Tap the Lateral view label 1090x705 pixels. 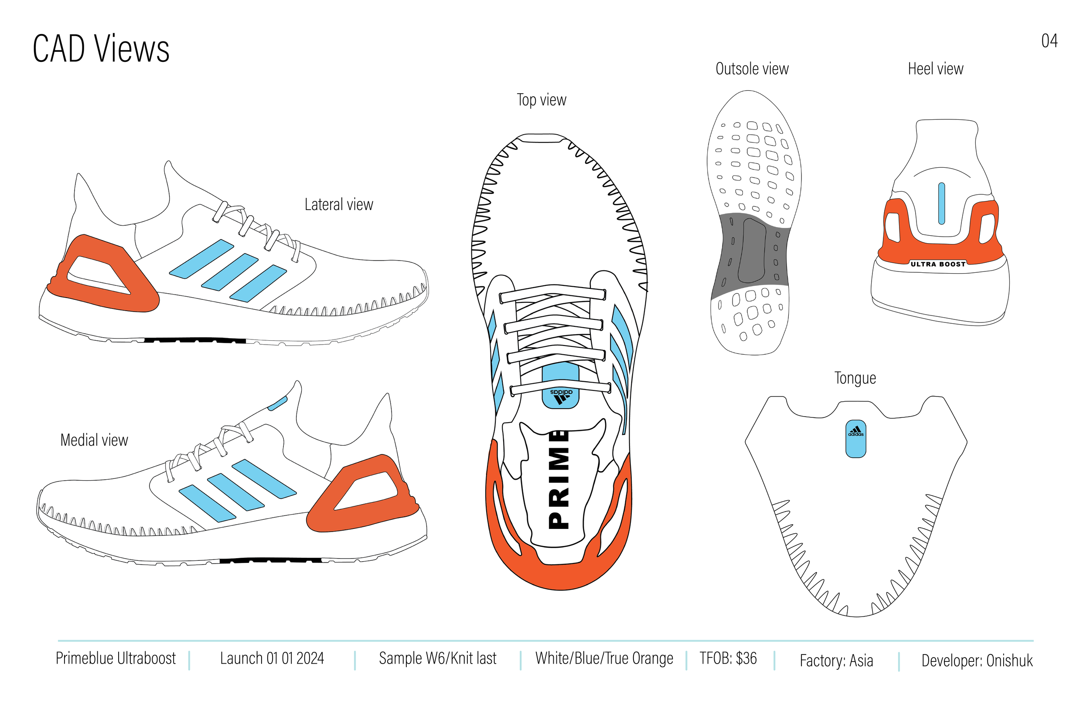click(x=338, y=205)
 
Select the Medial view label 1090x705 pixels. click(x=94, y=440)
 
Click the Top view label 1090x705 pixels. click(x=542, y=100)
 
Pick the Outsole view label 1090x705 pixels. click(x=752, y=69)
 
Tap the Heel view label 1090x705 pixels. click(x=935, y=69)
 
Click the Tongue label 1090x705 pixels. click(x=855, y=378)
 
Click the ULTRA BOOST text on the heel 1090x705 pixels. click(x=937, y=264)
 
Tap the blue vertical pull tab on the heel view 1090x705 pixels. click(x=941, y=204)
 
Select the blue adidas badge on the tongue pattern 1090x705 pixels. click(x=855, y=439)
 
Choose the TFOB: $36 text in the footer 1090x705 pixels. click(x=728, y=658)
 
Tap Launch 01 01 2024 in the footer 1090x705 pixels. click(x=272, y=658)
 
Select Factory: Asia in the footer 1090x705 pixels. click(x=836, y=661)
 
